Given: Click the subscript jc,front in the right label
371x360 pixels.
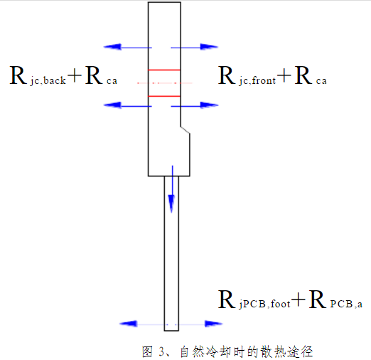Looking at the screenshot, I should [257, 81].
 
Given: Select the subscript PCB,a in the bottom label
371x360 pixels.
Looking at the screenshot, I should [346, 304].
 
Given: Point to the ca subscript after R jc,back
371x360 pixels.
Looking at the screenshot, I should [112, 81].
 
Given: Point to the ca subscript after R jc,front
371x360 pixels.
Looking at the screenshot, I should [321, 81].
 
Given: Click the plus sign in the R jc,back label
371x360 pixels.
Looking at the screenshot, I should [75, 76].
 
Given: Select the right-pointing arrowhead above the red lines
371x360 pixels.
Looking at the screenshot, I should [208, 47].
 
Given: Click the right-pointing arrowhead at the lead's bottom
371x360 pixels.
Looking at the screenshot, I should [214, 324].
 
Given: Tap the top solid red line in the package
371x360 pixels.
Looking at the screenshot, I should [163, 70].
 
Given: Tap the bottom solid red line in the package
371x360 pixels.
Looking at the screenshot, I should [163, 95].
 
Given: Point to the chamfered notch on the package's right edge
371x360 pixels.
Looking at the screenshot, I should [184, 129].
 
